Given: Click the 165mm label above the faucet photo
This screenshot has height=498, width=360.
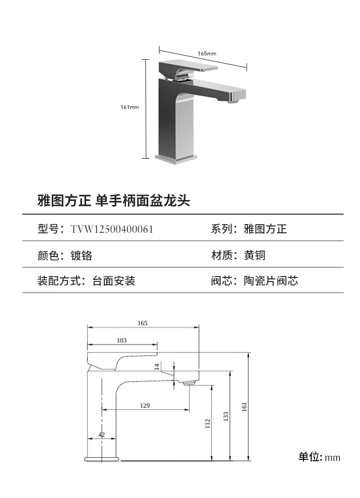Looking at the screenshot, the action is click(x=206, y=53).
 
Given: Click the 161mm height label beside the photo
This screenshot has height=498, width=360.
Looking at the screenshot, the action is click(x=129, y=107).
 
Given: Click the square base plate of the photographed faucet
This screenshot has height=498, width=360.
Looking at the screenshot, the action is click(x=176, y=158).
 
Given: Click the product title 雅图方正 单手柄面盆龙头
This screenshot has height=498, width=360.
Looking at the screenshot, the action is click(x=113, y=200).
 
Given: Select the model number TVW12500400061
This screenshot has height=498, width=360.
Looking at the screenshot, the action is click(x=112, y=229).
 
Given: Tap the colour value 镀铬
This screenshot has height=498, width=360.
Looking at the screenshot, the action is click(x=81, y=255).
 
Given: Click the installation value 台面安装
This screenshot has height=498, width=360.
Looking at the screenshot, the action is click(x=113, y=281).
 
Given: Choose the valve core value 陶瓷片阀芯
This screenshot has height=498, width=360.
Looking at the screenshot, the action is click(x=271, y=281).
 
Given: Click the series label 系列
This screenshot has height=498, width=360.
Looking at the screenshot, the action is click(x=221, y=229).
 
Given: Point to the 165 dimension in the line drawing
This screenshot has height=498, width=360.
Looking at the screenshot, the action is click(x=143, y=323).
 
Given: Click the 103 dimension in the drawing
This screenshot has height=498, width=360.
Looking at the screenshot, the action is click(x=122, y=340).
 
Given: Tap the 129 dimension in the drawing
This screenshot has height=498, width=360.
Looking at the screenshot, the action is click(x=145, y=406).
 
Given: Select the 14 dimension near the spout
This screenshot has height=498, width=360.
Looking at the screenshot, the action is click(x=157, y=366).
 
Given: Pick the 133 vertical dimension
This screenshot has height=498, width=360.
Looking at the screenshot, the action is click(x=226, y=416).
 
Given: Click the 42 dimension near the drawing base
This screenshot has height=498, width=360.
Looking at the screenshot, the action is click(x=102, y=435).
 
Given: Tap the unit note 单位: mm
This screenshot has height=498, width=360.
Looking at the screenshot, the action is click(x=319, y=457).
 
